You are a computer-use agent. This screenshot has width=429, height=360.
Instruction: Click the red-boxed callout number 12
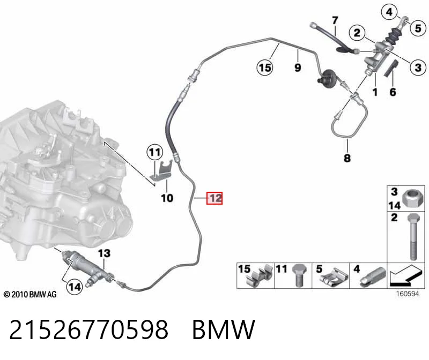[x=214, y=198]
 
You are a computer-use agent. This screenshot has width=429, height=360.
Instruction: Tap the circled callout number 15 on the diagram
[x=265, y=67]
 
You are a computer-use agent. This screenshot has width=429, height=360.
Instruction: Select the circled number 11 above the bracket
[x=155, y=152]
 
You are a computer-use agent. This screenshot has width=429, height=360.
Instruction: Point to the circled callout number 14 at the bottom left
[x=75, y=287]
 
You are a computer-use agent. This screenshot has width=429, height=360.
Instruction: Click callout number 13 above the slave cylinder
[x=104, y=253]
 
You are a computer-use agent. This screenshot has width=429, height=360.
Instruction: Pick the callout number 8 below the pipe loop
[x=347, y=158]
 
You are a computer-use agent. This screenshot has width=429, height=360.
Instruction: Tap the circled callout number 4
[x=389, y=12]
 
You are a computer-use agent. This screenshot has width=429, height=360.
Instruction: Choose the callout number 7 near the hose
[x=335, y=20]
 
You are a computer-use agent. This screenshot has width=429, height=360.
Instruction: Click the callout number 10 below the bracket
[x=167, y=198]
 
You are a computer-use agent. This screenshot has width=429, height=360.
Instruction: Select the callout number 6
[x=393, y=92]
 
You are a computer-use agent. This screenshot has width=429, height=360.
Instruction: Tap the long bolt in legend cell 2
[x=413, y=237]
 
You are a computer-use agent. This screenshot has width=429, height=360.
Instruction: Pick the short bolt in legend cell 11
[x=299, y=275]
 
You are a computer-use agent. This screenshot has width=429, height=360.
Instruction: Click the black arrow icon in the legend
[x=405, y=275]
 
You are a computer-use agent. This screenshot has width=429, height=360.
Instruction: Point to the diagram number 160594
[x=408, y=294]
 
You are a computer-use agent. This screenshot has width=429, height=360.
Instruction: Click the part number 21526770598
[x=88, y=329]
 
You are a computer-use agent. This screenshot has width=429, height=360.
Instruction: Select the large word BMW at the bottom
[x=224, y=329]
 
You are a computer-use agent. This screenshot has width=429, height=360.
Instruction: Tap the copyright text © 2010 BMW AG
[x=30, y=295]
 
